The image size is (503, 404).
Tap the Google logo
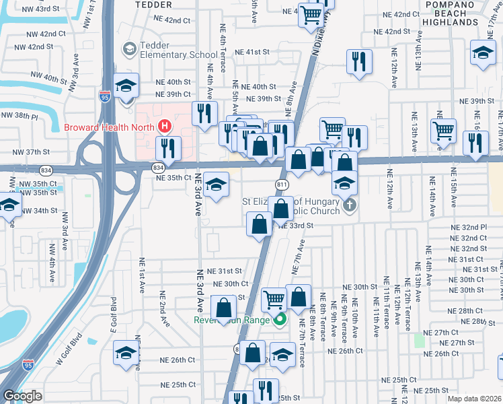[x=22, y=396]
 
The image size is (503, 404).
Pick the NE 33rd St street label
[x=297, y=226]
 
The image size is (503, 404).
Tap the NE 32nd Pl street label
[x=469, y=228]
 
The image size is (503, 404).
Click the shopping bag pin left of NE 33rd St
[x=259, y=224]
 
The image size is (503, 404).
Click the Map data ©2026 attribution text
[x=474, y=399]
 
